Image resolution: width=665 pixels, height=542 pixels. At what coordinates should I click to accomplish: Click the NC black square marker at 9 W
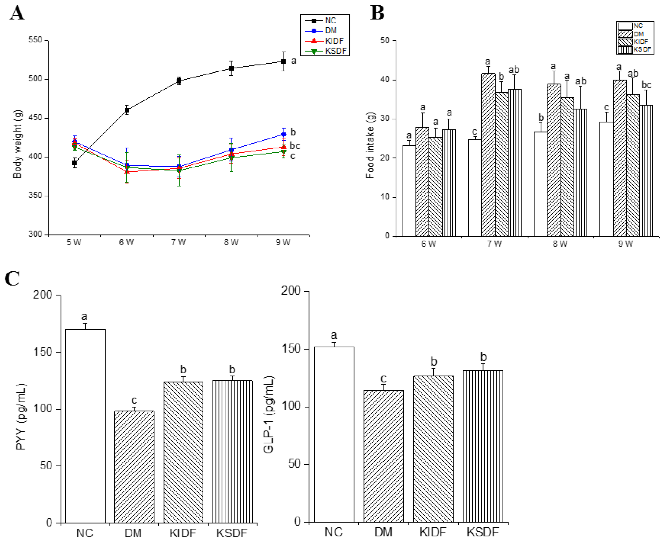pyautogui.click(x=283, y=62)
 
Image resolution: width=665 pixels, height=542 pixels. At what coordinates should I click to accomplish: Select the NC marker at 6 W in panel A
pyautogui.click(x=127, y=110)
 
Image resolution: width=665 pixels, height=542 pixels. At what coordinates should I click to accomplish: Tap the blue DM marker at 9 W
pyautogui.click(x=284, y=135)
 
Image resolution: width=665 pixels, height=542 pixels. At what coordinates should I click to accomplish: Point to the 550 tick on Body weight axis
pyautogui.click(x=35, y=40)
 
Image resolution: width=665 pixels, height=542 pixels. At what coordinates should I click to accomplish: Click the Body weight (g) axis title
pyautogui.click(x=17, y=144)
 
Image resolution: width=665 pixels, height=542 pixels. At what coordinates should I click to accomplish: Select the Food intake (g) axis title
pyautogui.click(x=370, y=145)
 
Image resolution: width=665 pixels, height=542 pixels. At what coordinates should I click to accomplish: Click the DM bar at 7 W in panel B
pyautogui.click(x=488, y=155)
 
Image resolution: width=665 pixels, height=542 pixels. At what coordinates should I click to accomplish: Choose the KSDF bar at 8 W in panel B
pyautogui.click(x=580, y=172)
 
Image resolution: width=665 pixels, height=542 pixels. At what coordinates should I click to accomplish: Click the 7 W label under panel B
pyautogui.click(x=494, y=244)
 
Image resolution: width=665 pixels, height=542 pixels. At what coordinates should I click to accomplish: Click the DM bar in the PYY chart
pyautogui.click(x=134, y=467)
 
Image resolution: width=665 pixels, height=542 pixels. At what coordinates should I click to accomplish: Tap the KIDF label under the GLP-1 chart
pyautogui.click(x=433, y=532)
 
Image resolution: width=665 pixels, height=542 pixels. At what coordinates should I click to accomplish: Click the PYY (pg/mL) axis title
pyautogui.click(x=21, y=417)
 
